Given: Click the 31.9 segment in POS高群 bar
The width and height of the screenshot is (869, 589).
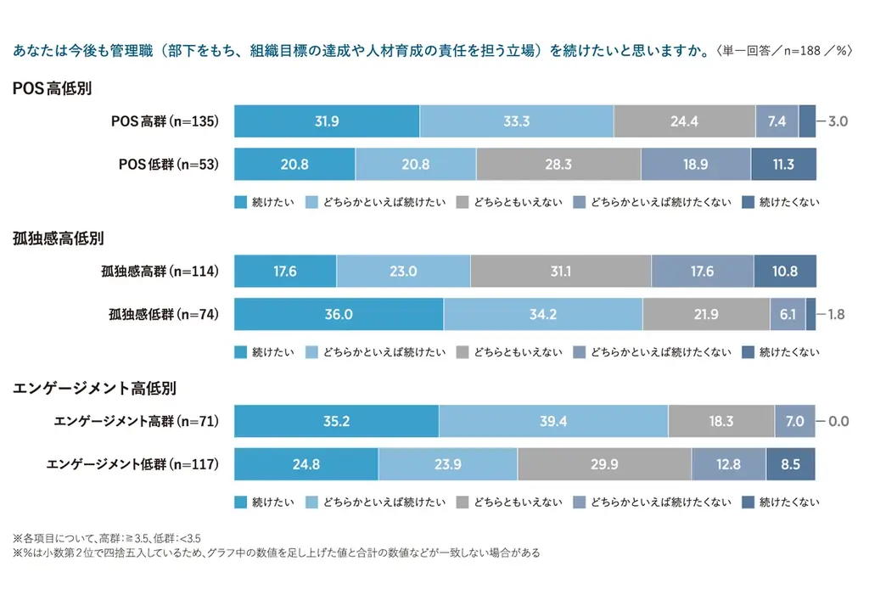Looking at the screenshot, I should coord(326,121).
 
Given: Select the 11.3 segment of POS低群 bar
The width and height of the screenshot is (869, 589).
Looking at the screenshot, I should coord(783,165).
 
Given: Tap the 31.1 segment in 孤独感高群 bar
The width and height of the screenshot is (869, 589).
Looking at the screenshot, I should coord(560,272).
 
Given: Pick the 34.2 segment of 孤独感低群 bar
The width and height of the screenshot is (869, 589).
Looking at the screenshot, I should coord(542,314).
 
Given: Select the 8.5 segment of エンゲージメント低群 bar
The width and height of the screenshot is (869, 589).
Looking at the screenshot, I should coord(790,464).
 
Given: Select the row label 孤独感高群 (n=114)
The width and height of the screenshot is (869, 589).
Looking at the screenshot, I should coord(159,272).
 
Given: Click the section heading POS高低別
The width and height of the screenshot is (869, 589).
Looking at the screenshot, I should coord(52,88).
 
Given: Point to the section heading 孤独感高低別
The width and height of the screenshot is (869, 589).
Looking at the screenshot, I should coord(59,239).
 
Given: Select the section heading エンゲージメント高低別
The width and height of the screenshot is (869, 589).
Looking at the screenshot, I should coord(94,389).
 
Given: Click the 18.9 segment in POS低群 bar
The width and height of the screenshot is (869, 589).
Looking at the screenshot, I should coord(695,165).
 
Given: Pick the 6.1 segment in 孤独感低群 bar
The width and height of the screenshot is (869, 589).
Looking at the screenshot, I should coord(787,314).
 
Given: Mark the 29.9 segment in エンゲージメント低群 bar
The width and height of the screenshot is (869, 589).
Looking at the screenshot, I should coord(603,464).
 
